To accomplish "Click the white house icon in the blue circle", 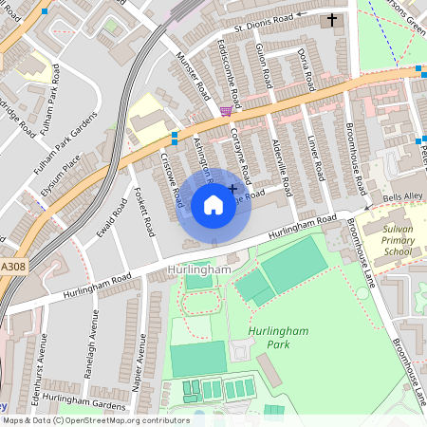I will (x=213, y=204).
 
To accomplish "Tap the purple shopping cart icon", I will (x=225, y=110).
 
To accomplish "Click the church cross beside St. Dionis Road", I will (x=332, y=19).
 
